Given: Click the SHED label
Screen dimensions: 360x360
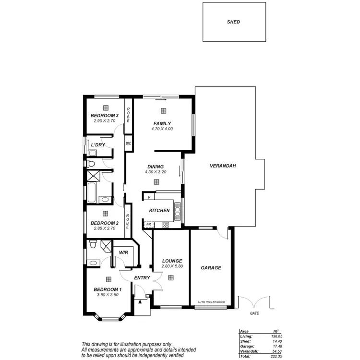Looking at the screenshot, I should pyautogui.click(x=234, y=22).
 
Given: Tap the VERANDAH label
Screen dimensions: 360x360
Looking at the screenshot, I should pyautogui.click(x=223, y=166).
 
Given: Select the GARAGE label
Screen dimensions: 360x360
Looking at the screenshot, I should pyautogui.click(x=211, y=268).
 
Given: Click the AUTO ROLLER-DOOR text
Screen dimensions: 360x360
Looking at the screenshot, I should pyautogui.click(x=211, y=302).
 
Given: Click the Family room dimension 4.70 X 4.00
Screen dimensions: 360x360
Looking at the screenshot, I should pyautogui.click(x=162, y=129).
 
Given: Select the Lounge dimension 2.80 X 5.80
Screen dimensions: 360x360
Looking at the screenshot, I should pyautogui.click(x=172, y=266).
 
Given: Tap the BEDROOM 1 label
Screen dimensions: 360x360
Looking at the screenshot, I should pyautogui.click(x=108, y=289).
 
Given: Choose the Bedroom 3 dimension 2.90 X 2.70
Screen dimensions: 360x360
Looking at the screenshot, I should pyautogui.click(x=105, y=121).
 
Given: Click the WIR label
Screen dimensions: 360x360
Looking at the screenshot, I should pyautogui.click(x=122, y=252).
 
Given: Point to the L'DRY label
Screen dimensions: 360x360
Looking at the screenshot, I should pyautogui.click(x=98, y=144).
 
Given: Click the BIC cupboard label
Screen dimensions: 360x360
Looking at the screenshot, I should pyautogui.click(x=128, y=144).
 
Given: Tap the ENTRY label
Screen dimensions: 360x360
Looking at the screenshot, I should pyautogui.click(x=142, y=277).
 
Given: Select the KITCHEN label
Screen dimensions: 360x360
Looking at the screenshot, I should pyautogui.click(x=159, y=211).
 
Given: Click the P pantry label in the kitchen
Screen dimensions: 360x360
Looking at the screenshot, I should pyautogui.click(x=149, y=197).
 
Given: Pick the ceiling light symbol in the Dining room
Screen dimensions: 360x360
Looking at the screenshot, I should pyautogui.click(x=156, y=182).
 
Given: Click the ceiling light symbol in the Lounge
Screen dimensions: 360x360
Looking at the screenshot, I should pyautogui.click(x=171, y=277).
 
